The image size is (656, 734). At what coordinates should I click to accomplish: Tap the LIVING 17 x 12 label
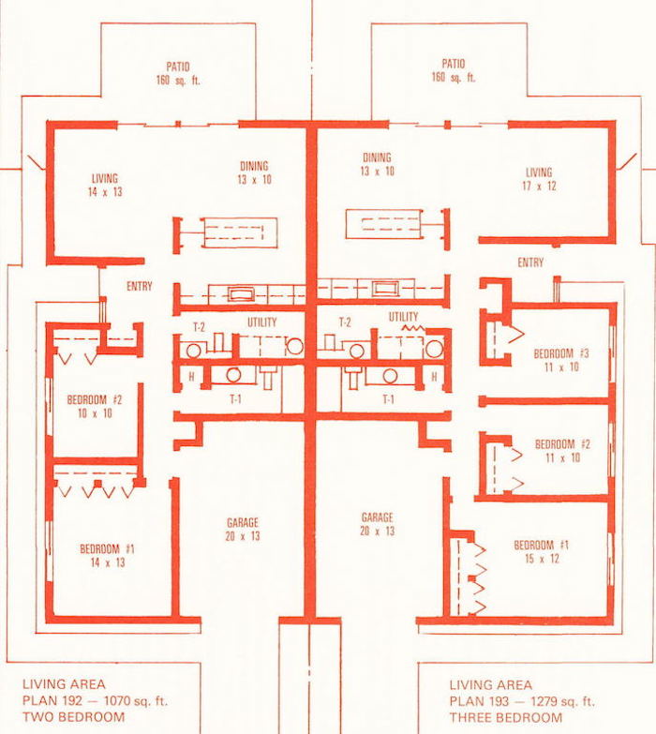click(x=539, y=179)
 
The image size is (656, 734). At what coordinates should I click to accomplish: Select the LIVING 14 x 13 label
click(x=105, y=185)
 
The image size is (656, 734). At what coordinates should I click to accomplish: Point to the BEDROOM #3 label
click(x=561, y=360)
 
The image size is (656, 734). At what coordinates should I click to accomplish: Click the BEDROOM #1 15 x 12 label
click(x=542, y=551)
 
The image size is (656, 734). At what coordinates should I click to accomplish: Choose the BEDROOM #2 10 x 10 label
click(x=95, y=406)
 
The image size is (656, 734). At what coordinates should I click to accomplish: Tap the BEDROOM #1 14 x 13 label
click(x=107, y=555)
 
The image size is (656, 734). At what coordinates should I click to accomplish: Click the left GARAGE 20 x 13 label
click(x=243, y=529)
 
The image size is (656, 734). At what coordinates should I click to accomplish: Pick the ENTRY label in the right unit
click(x=530, y=262)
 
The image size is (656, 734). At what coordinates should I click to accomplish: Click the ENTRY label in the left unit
click(x=140, y=286)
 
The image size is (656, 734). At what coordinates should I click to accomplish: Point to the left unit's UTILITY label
click(x=262, y=322)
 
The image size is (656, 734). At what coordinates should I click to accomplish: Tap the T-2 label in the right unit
click(x=345, y=322)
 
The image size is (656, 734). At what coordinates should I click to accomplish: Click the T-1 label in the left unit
click(x=235, y=398)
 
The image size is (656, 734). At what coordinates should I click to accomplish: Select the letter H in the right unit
click(x=434, y=376)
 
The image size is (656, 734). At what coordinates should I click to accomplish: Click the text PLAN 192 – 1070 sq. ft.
click(x=95, y=701)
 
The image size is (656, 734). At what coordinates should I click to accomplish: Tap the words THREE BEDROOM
click(x=506, y=718)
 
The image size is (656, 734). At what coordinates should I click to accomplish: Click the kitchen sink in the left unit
click(x=242, y=294)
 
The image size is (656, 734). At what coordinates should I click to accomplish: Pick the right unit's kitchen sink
click(x=385, y=289)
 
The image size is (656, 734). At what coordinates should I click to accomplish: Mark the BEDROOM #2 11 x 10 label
click(x=562, y=451)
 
